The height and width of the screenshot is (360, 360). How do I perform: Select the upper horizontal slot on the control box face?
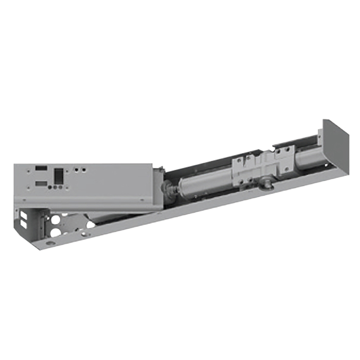click(41, 168)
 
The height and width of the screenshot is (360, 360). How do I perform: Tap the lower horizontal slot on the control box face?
click(41, 184)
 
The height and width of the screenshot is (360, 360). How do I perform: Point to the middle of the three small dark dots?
click(55, 187)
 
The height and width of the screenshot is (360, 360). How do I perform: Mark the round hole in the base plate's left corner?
click(49, 243)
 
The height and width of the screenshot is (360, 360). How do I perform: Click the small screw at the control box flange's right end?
click(143, 200)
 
